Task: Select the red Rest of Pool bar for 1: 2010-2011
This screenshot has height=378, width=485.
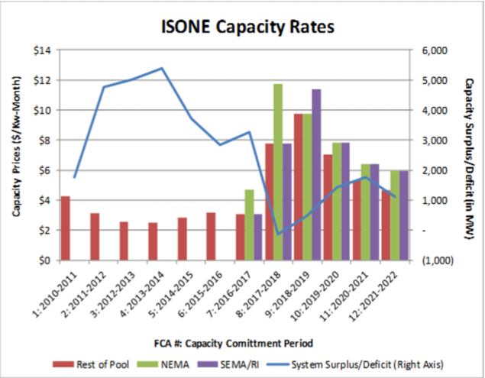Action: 66,228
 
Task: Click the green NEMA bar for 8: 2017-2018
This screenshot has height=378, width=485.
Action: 279,173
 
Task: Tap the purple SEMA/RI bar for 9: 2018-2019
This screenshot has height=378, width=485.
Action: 316,175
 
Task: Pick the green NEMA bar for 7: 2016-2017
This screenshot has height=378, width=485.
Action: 249,225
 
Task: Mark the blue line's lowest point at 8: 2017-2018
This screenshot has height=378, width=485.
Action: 278,234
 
